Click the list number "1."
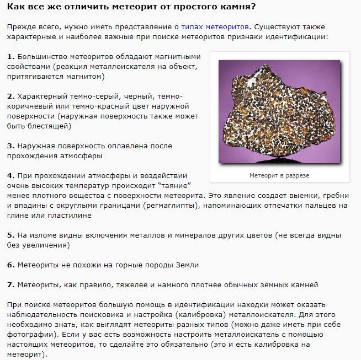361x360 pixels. pyautogui.click(x=10, y=57)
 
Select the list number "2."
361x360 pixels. pyautogui.click(x=10, y=96)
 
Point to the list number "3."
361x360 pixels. pyautogui.click(x=10, y=146)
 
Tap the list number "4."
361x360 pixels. pyautogui.click(x=10, y=175)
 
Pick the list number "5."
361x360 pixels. pyautogui.click(x=10, y=235)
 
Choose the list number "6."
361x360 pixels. pyautogui.click(x=10, y=265)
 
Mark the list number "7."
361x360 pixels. pyautogui.click(x=10, y=284)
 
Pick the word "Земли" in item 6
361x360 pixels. pyautogui.click(x=184, y=265)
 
